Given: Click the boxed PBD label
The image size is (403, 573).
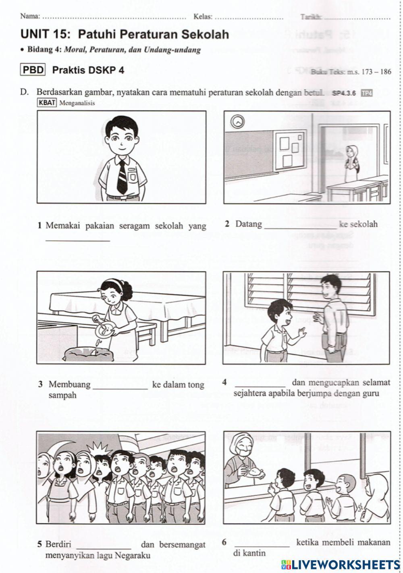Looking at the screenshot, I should click(x=33, y=70).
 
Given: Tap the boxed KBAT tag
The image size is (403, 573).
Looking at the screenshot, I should click(x=47, y=103).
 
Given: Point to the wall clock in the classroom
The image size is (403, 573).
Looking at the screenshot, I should click(x=238, y=121).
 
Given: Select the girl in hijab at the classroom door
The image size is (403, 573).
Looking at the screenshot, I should click(x=350, y=163).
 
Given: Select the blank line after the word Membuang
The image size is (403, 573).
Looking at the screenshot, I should click(x=120, y=388).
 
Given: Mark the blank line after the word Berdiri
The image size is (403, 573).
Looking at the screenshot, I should click(x=104, y=548).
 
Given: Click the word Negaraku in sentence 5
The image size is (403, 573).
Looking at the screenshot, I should click(x=133, y=556).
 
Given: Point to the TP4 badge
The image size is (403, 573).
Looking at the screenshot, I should click(x=367, y=93).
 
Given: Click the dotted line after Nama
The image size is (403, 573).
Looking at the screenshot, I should click(x=114, y=17).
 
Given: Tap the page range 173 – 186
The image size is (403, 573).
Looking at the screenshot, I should click(x=376, y=72).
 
